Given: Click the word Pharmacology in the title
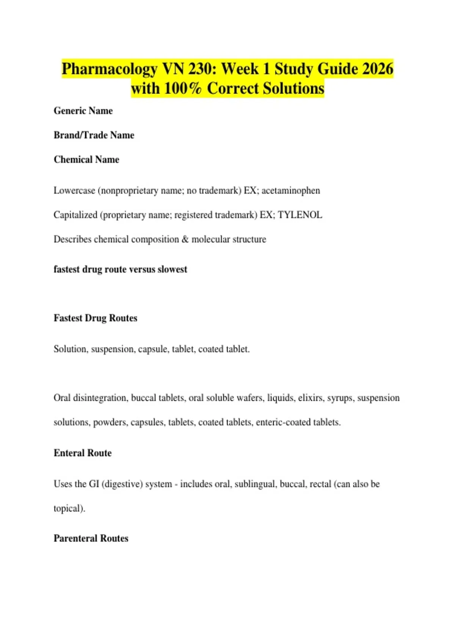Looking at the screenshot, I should pos(109,69).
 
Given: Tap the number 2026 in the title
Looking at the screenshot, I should pos(378,69).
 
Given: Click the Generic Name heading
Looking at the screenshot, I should pos(83,111).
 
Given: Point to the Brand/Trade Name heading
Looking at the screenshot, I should pos(94,135).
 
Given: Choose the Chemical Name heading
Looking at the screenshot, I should pos(86,159).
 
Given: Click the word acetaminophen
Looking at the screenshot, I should pos(290,191).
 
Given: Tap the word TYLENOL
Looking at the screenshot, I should pos(300,215).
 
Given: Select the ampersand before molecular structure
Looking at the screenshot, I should pos(185,239).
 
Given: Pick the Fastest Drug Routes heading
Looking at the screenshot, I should pos(95,318).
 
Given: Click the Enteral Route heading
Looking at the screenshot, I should pos(83,453).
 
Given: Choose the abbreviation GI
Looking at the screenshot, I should pos(94,484).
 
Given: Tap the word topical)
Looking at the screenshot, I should pos(69,508).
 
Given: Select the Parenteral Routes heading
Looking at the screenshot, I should pos(91,538).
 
